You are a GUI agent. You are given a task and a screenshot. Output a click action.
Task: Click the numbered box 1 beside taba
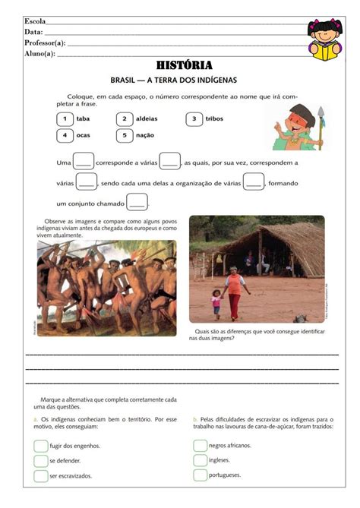coord(65,119)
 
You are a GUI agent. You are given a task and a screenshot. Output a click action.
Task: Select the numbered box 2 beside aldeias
coord(125,119)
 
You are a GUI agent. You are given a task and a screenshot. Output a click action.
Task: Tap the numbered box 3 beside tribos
coord(194,119)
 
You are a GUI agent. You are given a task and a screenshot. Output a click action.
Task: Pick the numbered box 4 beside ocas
coord(65,135)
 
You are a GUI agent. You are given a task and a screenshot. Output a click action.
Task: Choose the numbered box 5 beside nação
coord(125,135)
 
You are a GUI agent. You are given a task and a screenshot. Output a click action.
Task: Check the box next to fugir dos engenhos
coord(40,446)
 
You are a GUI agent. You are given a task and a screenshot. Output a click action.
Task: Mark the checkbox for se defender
coord(40,460)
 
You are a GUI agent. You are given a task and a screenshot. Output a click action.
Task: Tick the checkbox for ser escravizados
coord(40,475)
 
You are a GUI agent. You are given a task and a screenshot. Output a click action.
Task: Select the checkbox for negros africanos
coord(200,446)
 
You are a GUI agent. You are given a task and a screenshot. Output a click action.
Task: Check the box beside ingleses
coord(200,460)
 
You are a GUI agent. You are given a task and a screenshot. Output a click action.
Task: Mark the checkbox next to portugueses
coord(200,475)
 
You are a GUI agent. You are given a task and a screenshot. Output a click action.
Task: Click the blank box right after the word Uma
coord(84,162)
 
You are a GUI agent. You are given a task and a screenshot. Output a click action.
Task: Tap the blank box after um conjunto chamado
coord(137,203)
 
